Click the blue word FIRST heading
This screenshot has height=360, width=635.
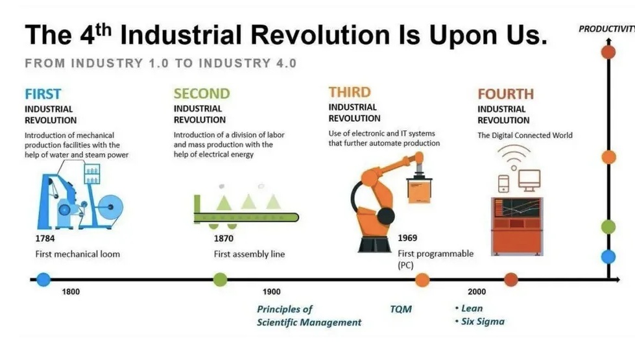pos(43,94)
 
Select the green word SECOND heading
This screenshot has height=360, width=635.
pos(202,93)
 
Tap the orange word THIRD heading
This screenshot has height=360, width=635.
pos(350,92)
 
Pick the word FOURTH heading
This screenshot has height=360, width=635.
pos(506,94)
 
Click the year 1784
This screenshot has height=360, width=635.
pos(45,239)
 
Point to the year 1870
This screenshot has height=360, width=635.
pos(224,239)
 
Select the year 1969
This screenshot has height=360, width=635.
pos(407,237)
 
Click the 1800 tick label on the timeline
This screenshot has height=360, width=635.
pos(71,291)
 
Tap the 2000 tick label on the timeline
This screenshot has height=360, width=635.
pos(477,291)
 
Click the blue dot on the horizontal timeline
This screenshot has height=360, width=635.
pos(43,280)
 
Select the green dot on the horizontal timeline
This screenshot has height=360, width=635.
pos(220,280)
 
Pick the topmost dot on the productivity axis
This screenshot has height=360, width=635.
pos(608,53)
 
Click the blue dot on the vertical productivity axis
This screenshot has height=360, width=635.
pos(608,257)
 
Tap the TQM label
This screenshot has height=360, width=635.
pos(401,309)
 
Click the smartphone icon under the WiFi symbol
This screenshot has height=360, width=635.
pos(503,184)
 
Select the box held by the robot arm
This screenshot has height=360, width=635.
pos(419,191)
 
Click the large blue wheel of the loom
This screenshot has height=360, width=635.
pos(110,208)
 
